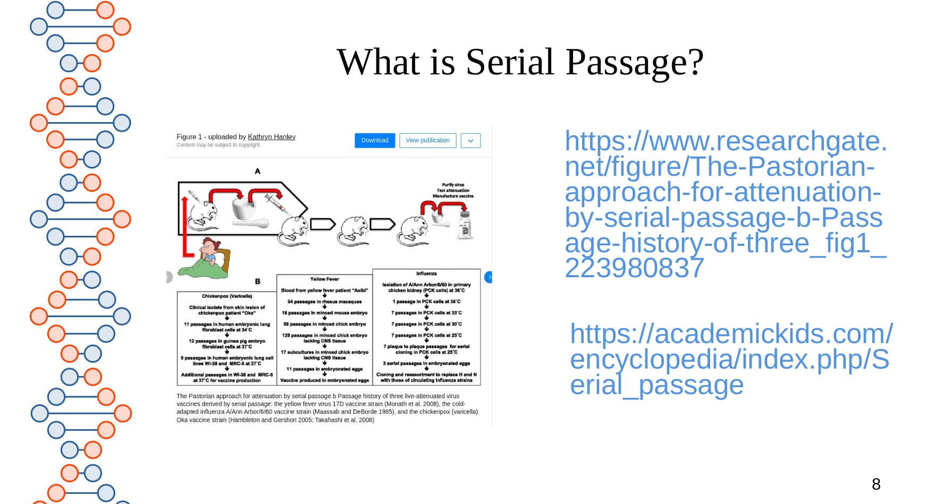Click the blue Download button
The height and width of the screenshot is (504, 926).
(x=375, y=140)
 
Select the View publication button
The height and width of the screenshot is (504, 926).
(x=427, y=140)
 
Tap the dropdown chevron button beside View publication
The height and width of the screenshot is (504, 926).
(x=470, y=141)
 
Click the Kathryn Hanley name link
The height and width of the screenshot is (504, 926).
(x=272, y=137)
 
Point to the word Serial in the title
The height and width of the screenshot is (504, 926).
(x=510, y=62)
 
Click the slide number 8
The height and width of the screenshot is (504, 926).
(x=876, y=484)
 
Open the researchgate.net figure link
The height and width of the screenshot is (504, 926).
(x=725, y=204)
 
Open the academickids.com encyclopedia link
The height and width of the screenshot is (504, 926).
(x=730, y=359)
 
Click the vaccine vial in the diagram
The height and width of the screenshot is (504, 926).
(x=465, y=225)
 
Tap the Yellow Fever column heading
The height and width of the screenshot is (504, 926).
(x=324, y=279)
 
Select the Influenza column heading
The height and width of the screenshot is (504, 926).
(x=426, y=274)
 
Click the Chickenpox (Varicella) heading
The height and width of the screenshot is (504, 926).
(x=227, y=296)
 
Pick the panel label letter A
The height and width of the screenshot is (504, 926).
(x=257, y=171)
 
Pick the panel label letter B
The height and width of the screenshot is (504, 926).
(x=257, y=281)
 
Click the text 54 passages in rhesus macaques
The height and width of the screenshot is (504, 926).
(x=324, y=302)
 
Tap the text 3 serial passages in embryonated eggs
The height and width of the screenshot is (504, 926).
(x=426, y=363)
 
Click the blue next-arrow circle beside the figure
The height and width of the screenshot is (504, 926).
(x=489, y=277)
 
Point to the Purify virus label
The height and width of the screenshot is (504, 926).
(x=453, y=185)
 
